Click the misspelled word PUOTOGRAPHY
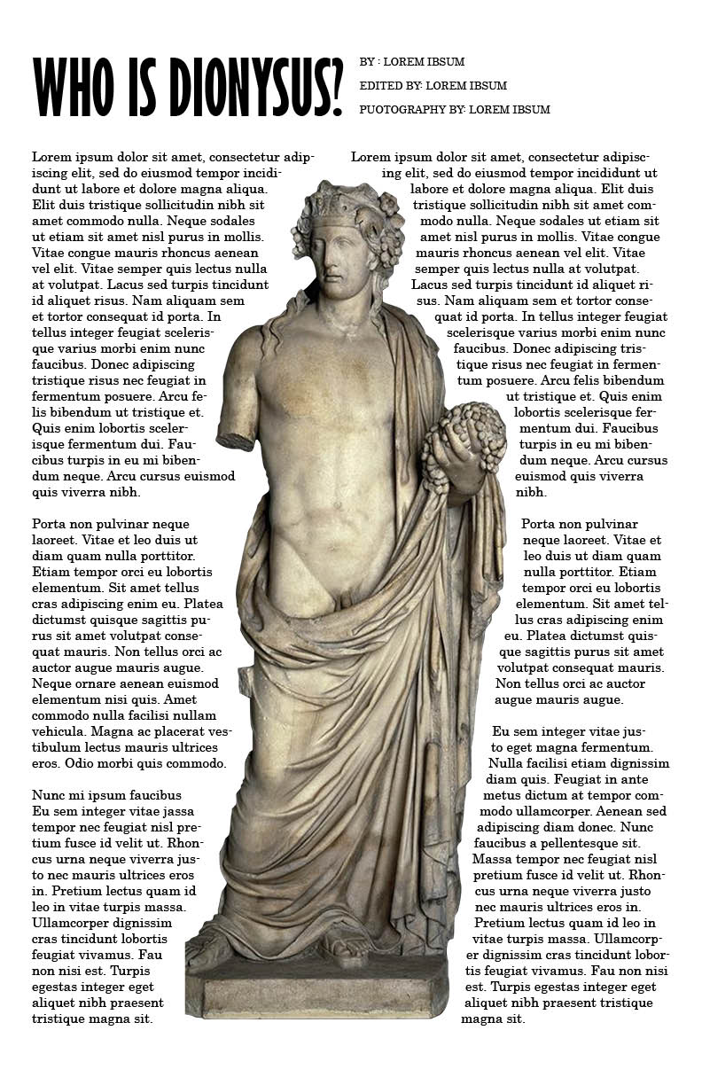click(x=398, y=110)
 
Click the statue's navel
click(x=337, y=505)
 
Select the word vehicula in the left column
click(x=58, y=731)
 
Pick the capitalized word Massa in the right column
click(x=491, y=859)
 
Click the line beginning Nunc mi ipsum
click(x=106, y=795)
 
